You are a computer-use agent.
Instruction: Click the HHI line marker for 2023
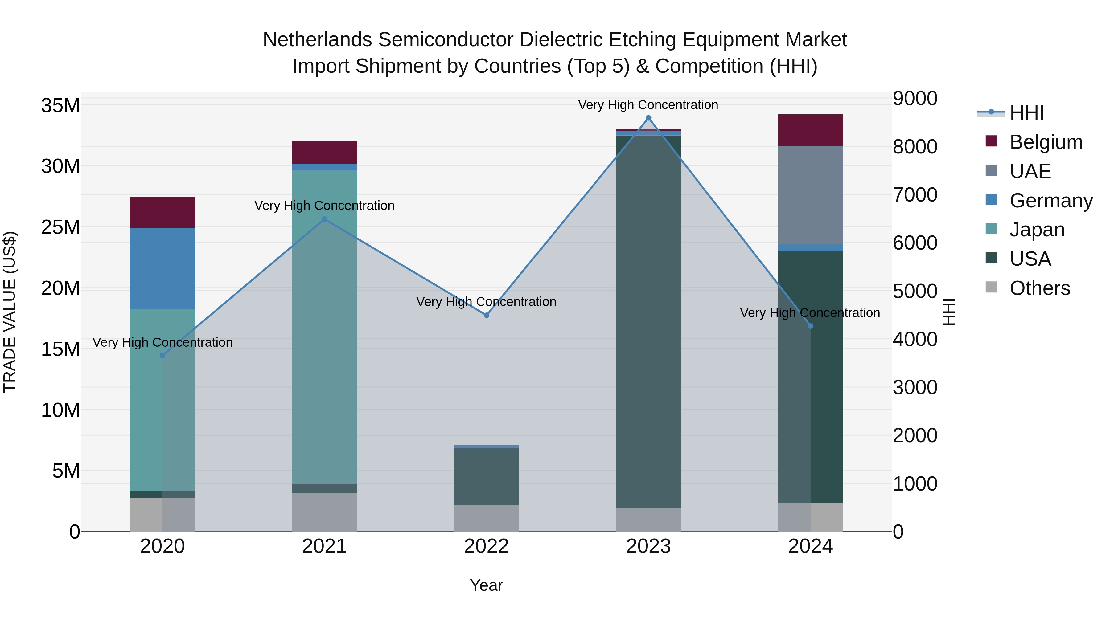pos(648,118)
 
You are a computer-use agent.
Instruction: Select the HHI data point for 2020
pos(162,356)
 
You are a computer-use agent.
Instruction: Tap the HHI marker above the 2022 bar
pos(487,315)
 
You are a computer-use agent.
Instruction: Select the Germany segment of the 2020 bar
pos(162,268)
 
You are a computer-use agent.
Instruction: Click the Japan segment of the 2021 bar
pos(324,327)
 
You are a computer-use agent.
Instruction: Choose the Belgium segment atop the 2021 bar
pos(324,152)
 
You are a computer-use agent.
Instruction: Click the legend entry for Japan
pos(1037,230)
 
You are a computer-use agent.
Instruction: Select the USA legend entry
pos(1030,259)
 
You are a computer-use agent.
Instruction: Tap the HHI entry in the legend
pos(1026,113)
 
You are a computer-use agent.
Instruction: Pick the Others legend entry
pos(1039,288)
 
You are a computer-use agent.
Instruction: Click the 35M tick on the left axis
pos(60,105)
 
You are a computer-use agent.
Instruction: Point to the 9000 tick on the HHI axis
pos(915,98)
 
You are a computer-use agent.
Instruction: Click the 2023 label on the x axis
pos(648,546)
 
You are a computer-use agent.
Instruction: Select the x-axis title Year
pos(487,585)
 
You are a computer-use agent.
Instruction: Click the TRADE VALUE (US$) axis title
pos(10,312)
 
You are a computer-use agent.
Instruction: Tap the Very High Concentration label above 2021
pos(324,206)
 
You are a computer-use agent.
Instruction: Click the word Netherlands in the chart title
pos(318,40)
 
